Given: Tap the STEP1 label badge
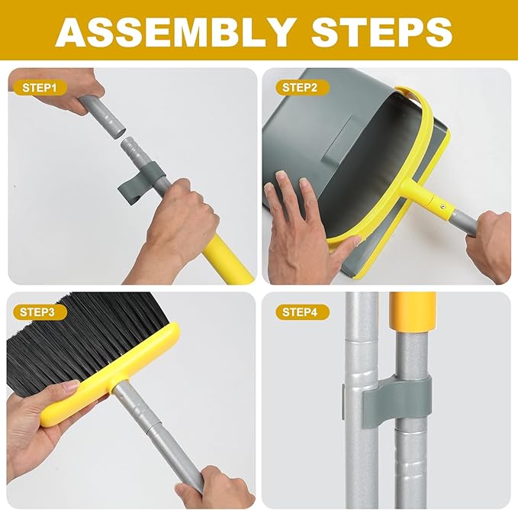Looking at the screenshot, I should pos(40,88).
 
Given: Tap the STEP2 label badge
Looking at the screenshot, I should pos(300,88).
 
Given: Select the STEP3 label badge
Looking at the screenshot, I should pos(40,311).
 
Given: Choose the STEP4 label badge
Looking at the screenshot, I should pos(300,311).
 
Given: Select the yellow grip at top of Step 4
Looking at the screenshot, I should pos(412,312).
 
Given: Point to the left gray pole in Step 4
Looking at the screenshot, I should pos(361,428).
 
